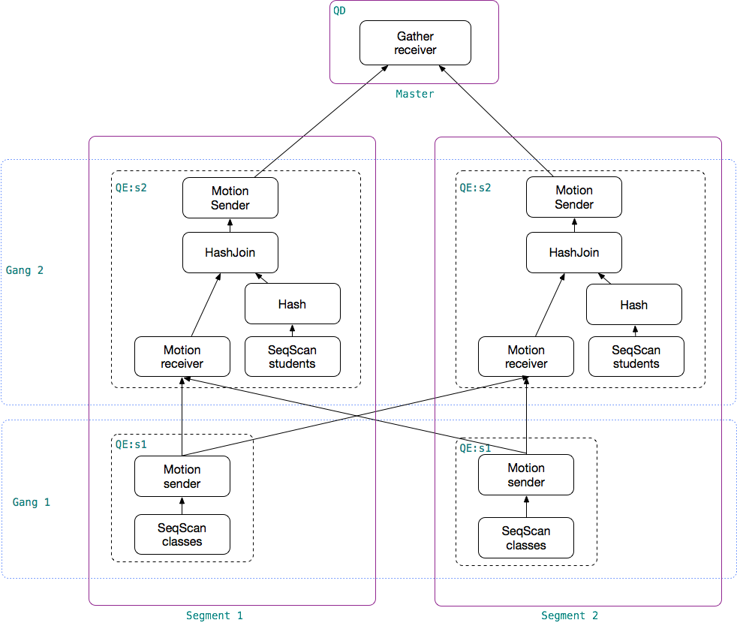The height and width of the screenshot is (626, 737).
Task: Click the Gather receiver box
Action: [x=415, y=43]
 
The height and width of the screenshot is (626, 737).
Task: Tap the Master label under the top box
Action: [x=415, y=94]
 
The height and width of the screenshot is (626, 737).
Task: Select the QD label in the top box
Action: [x=339, y=11]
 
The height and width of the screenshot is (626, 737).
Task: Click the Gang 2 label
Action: [x=25, y=270]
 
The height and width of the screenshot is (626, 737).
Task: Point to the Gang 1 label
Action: [x=31, y=502]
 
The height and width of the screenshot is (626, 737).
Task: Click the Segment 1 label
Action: [x=215, y=615]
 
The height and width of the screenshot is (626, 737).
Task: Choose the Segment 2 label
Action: [x=570, y=615]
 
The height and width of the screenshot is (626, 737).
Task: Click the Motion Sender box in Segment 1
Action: [x=230, y=198]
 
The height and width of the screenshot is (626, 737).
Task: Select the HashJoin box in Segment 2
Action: [x=574, y=252]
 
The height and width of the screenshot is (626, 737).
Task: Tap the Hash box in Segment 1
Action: [x=292, y=304]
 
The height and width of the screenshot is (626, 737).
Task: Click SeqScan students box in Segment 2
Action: [x=636, y=357]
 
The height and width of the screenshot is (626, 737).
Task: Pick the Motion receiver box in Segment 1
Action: [x=182, y=357]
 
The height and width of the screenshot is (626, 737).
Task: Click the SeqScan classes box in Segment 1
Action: [x=182, y=534]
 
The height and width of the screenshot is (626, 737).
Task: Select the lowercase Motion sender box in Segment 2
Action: [x=526, y=474]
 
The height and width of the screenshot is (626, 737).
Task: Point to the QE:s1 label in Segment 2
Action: [x=474, y=448]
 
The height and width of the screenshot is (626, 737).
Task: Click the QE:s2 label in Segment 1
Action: [x=131, y=188]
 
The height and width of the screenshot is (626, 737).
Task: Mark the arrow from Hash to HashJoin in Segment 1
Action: [x=262, y=278]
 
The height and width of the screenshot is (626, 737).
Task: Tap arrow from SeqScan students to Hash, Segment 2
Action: [x=635, y=331]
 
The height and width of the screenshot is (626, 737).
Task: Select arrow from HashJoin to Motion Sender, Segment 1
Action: [x=230, y=225]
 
